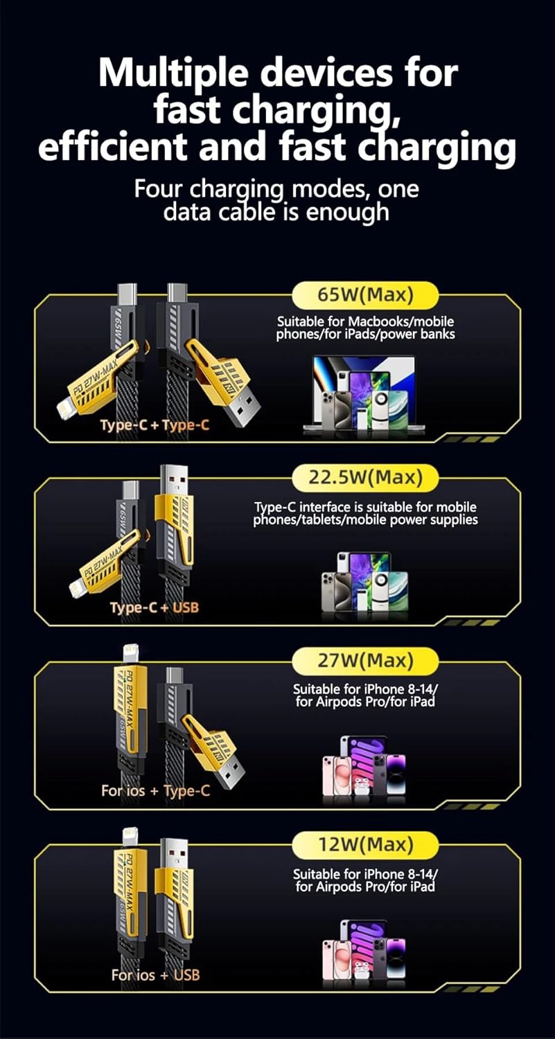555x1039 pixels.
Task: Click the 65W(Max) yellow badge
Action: pos(365,296)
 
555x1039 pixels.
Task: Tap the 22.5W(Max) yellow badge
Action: pos(365,478)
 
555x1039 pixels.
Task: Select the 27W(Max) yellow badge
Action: pos(365,661)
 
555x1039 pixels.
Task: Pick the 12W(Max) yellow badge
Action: pos(365,844)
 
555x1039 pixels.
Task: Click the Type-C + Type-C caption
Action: pos(155,425)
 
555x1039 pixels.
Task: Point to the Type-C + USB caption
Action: pos(155,607)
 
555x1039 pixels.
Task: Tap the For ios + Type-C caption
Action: pos(155,791)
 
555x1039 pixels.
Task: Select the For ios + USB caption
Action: pos(155,975)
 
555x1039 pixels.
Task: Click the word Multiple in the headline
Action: pos(173,74)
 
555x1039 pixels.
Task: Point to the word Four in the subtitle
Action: pos(159,189)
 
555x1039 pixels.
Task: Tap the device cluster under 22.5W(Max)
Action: pos(364,586)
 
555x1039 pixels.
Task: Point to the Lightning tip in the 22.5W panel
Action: pos(78,589)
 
